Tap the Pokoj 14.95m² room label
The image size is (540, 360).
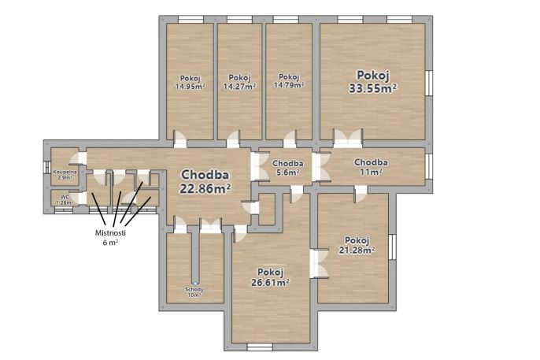190,83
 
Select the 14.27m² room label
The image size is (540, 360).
239,82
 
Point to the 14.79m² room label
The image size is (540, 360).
289,81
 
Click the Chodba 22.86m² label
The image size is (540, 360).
205,181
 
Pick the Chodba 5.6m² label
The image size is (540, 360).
288,168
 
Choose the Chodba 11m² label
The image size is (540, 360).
371,166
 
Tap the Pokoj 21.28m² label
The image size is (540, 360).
357,245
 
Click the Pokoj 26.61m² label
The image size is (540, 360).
270,277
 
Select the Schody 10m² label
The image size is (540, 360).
194,292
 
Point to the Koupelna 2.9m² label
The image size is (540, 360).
65,174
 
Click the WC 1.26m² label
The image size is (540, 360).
65,200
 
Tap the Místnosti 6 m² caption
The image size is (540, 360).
110,238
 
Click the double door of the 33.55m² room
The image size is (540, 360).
347,139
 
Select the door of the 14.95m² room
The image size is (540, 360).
179,139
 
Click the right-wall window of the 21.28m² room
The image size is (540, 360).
392,247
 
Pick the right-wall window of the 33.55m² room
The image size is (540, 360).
429,83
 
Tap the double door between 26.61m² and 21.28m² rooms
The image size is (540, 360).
319,263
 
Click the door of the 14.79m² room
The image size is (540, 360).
290,139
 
